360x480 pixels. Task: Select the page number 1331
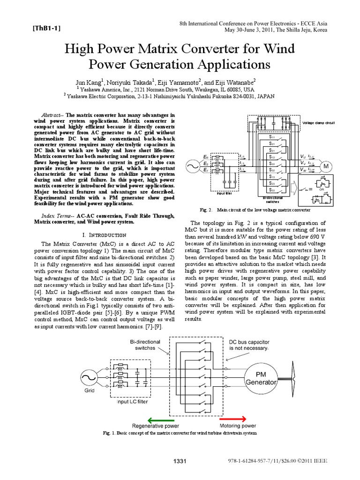coord(180,462)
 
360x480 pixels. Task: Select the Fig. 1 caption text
coord(180,433)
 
